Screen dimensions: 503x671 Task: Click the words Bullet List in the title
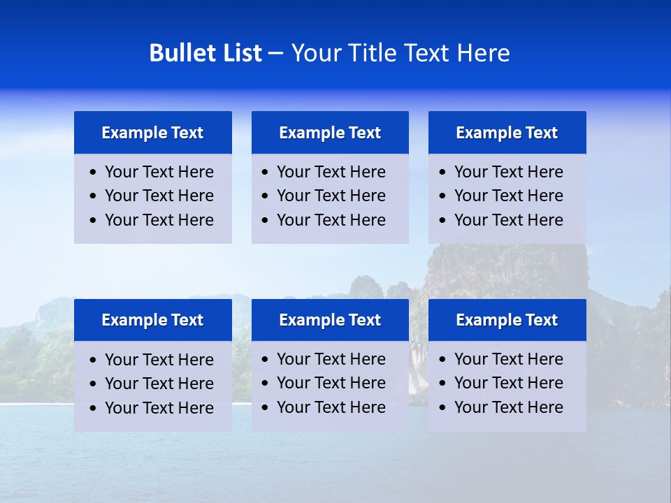(205, 53)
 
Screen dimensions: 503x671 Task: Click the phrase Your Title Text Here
(400, 53)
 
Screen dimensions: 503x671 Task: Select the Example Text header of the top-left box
(152, 133)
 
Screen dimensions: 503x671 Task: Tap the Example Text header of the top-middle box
(330, 133)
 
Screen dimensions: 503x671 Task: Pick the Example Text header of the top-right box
(507, 133)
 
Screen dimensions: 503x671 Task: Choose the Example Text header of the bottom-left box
(152, 320)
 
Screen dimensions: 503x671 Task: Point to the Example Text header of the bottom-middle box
(330, 320)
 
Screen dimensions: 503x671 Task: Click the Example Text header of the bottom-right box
(507, 320)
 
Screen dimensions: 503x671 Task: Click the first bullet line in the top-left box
(159, 172)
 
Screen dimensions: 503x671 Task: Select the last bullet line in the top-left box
(159, 220)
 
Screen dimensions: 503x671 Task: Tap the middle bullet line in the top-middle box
(331, 196)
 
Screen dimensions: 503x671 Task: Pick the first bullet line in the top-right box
(509, 172)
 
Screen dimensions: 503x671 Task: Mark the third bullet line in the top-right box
(509, 220)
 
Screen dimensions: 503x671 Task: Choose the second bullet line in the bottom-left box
(159, 384)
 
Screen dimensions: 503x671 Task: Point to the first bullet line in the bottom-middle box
(331, 359)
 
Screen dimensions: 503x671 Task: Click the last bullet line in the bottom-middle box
(331, 407)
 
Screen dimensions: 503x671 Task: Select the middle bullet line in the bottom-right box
(509, 383)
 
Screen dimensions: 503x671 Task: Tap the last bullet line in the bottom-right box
(509, 407)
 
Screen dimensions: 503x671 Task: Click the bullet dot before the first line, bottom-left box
(94, 360)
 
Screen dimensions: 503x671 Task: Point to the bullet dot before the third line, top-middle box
(266, 221)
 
